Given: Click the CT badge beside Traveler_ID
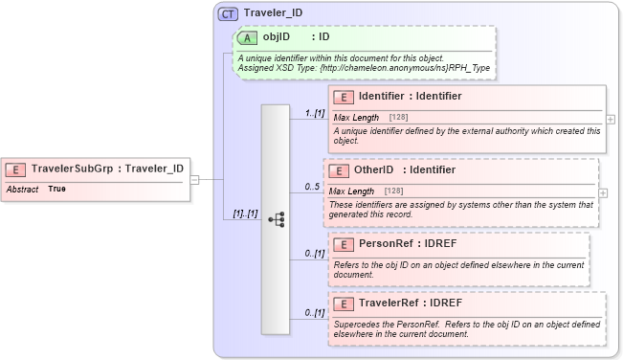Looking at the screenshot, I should pyautogui.click(x=228, y=13).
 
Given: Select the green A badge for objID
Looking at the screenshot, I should pyautogui.click(x=247, y=38).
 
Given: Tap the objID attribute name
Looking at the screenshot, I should pyautogui.click(x=277, y=38).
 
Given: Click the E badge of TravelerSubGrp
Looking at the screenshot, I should pyautogui.click(x=16, y=169).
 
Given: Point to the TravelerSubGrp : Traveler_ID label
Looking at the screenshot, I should pyautogui.click(x=107, y=169).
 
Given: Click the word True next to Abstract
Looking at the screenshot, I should pyautogui.click(x=57, y=190).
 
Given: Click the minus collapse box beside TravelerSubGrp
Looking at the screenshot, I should pyautogui.click(x=194, y=179).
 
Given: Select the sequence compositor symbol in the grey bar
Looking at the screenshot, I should pyautogui.click(x=277, y=219).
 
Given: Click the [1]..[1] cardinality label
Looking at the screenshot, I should pyautogui.click(x=239, y=214).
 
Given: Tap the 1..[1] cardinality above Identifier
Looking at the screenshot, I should pyautogui.click(x=314, y=113).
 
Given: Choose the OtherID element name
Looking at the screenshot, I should pyautogui.click(x=374, y=169).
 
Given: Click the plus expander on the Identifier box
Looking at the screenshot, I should pyautogui.click(x=611, y=120).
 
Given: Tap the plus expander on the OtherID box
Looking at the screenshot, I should pyautogui.click(x=603, y=192).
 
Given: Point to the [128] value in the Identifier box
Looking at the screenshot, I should pyautogui.click(x=399, y=118).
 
